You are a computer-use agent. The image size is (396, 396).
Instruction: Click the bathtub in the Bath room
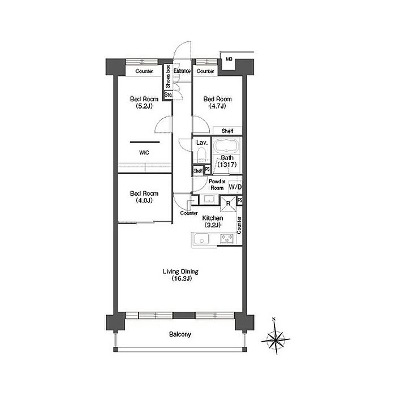point(226,146)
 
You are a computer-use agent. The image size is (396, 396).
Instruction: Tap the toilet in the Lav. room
point(201,154)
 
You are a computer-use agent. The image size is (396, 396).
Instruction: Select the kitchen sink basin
point(201,239)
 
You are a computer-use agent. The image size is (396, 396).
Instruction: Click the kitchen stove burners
point(226,239)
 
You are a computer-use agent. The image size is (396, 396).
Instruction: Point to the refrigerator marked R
point(229,204)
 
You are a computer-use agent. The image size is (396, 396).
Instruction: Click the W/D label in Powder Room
point(235,187)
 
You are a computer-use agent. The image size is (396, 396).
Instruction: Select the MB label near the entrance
point(229,59)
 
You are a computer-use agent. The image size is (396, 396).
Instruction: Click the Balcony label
point(180,334)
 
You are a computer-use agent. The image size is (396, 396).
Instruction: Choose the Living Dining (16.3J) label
point(180,275)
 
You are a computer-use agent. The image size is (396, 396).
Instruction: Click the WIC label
point(144,153)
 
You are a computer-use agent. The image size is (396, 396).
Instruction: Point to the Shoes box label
point(168,76)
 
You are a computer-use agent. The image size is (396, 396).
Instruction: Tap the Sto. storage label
point(169,95)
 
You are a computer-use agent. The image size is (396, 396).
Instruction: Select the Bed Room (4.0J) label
point(144,197)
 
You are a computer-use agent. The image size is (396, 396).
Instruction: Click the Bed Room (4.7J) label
point(217,102)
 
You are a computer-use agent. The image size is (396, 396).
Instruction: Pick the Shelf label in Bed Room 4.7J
point(227,131)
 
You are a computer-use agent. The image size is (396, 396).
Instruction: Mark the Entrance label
point(182,71)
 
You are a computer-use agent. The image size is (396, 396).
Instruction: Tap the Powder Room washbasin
point(209,200)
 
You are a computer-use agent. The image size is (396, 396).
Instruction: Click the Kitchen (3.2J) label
point(212,222)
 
